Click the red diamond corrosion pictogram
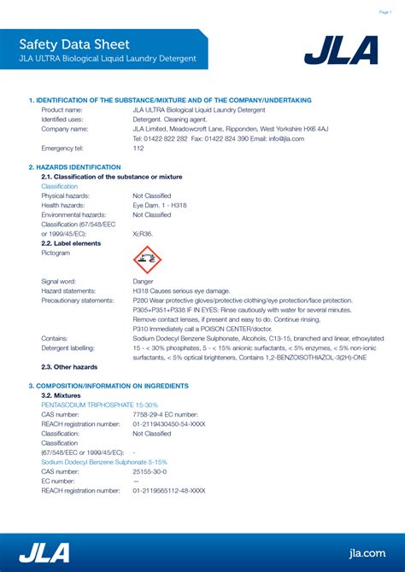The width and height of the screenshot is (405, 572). [x=147, y=260]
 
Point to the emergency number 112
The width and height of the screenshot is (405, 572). [x=138, y=148]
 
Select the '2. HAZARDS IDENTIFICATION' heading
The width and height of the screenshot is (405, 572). [x=75, y=167]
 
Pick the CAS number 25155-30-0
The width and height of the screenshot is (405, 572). [x=150, y=471]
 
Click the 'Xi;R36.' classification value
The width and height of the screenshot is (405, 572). [x=143, y=233]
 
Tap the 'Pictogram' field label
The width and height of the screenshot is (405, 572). [x=56, y=253]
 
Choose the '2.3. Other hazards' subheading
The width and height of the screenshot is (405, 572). [x=69, y=367]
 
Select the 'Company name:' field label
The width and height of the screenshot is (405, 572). [x=65, y=129]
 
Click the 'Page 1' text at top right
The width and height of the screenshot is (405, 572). [x=385, y=13]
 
